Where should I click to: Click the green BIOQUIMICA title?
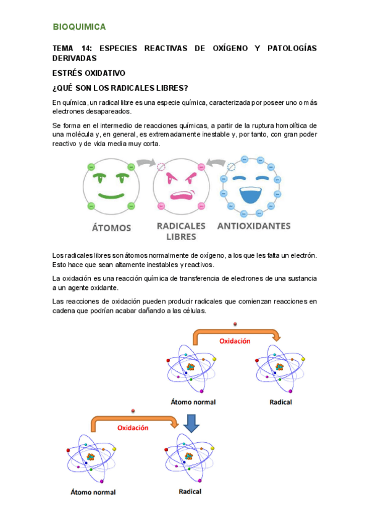coord(79,27)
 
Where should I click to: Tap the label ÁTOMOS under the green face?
coord(111,228)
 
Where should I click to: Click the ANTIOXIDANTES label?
coord(253,226)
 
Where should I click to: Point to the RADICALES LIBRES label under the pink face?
coord(182,231)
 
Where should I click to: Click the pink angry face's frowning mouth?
coord(181,197)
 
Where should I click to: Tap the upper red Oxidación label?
coord(235,341)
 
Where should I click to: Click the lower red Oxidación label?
coord(133,427)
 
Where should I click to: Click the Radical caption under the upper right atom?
coord(280,402)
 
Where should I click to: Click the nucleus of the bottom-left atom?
coord(91,457)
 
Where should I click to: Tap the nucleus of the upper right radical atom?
coord(279,367)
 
